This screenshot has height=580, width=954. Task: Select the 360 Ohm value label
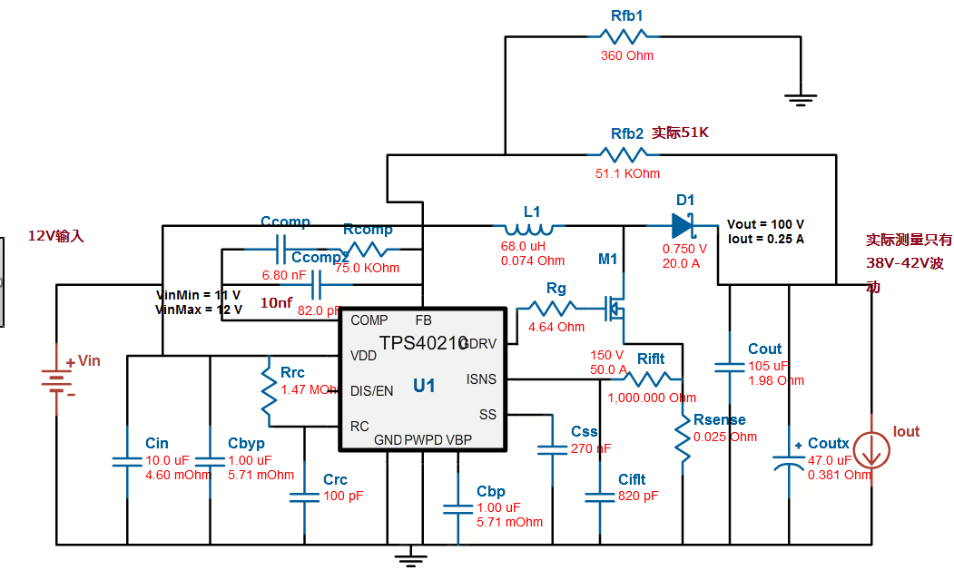point(626,56)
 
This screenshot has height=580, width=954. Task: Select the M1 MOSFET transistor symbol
point(618,310)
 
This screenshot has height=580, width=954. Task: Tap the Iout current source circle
point(870,450)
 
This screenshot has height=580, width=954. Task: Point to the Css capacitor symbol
point(551,449)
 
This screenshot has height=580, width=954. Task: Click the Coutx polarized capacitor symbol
point(789,461)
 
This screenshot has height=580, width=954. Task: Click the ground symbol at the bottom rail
point(410,555)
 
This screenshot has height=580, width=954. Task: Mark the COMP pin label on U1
point(369,319)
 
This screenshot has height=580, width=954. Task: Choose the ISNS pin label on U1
point(481,378)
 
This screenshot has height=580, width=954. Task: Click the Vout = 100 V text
point(765,224)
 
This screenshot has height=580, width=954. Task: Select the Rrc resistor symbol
point(268,390)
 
